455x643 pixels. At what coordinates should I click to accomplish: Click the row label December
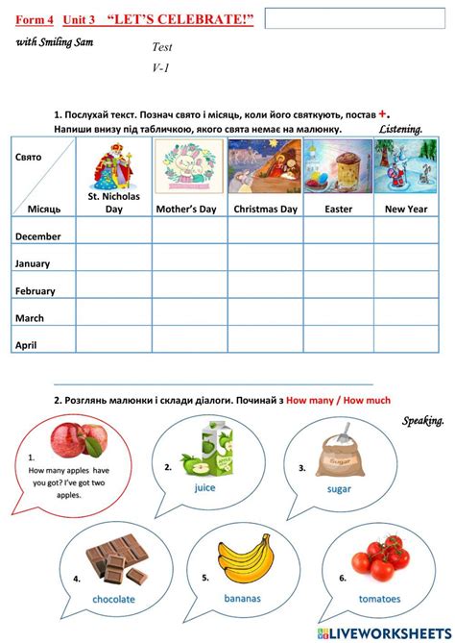pos(38,236)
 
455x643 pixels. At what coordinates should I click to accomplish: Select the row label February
pos(37,289)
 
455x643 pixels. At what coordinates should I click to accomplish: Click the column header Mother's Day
pos(189,209)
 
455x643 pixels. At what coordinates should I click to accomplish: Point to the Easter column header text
pos(339,209)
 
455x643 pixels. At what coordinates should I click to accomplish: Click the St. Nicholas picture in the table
pos(113,165)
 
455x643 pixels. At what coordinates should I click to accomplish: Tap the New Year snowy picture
pos(405,166)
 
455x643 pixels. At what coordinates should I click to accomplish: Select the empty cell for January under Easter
pos(339,261)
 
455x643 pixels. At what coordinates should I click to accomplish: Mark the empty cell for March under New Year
pos(405,316)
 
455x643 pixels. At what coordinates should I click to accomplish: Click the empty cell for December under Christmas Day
pos(265,235)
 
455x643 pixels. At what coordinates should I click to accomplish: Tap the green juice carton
pos(206,454)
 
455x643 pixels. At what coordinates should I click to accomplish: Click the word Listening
pos(400,129)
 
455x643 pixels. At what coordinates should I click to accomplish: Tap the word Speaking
pos(422,421)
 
